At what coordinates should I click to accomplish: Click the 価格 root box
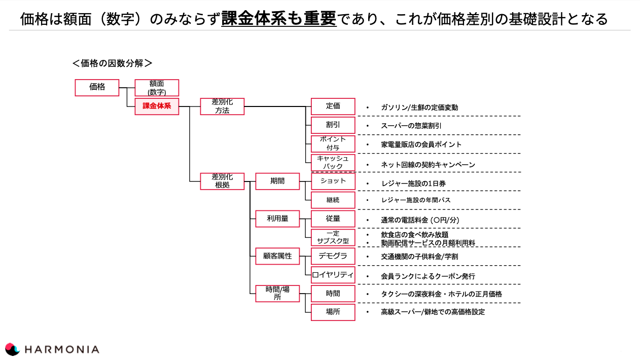[97, 87]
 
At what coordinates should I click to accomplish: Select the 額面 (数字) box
[157, 87]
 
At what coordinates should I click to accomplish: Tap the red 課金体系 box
[157, 106]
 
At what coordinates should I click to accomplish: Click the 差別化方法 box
[222, 106]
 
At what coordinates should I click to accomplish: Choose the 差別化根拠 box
[222, 181]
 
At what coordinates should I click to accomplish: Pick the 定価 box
[333, 106]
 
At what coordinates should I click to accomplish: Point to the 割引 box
[333, 125]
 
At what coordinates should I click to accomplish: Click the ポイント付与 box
[333, 143]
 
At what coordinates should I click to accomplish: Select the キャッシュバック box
[333, 162]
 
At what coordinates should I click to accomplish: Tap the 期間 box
[277, 181]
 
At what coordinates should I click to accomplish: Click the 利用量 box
[277, 219]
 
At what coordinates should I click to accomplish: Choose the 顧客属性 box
[277, 256]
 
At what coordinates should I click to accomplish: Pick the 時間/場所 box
[277, 293]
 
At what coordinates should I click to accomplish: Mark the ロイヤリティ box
[333, 275]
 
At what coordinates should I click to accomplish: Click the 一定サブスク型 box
[333, 237]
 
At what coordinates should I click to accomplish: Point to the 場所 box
[333, 312]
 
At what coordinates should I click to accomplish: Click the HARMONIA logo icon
[12, 349]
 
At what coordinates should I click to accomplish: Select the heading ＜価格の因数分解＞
[112, 63]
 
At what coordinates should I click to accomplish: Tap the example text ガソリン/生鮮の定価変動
[419, 107]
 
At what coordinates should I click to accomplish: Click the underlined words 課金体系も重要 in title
[278, 19]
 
